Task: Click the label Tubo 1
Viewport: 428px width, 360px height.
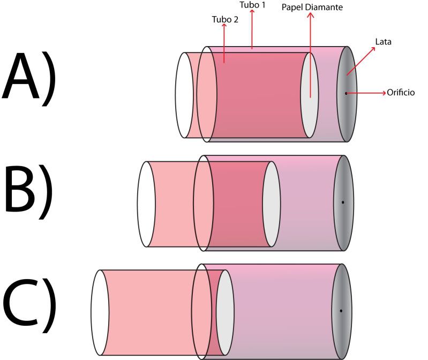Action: [x=252, y=5]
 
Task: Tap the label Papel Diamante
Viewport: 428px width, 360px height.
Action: [x=312, y=8]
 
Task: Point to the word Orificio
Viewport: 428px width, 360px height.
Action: [x=405, y=93]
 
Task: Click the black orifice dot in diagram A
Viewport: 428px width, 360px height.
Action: [x=346, y=93]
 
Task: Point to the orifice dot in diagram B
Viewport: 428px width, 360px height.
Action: [x=343, y=202]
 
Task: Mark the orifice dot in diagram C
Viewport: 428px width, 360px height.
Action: [x=341, y=311]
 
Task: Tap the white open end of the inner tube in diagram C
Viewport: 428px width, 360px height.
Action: [x=100, y=313]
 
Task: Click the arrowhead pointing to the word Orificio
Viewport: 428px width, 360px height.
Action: [x=384, y=93]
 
